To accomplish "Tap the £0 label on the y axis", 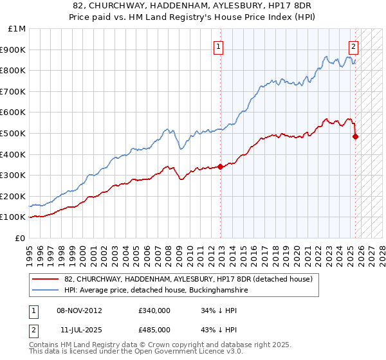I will (21, 238).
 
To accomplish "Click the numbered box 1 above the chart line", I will (219, 46).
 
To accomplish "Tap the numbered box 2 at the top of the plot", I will (354, 46).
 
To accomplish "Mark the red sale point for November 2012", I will (220, 166).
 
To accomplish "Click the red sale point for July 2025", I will (356, 136).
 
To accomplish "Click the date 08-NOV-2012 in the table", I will (79, 310).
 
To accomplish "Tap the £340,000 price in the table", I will (154, 310).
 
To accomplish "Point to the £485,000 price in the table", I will (154, 329).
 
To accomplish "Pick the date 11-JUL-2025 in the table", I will (80, 329).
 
